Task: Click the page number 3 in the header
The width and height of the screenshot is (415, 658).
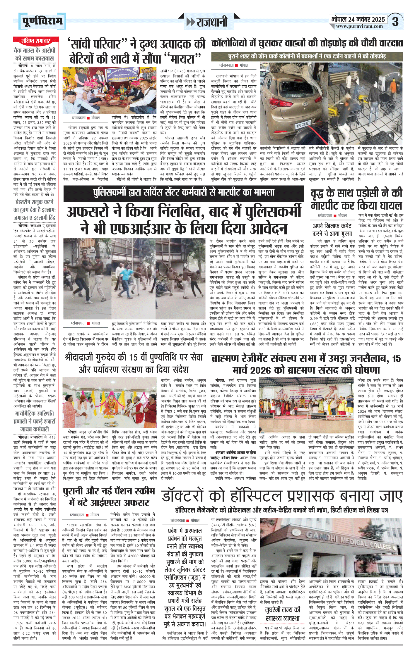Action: (395, 22)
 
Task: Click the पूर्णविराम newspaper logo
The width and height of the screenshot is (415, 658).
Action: (42, 21)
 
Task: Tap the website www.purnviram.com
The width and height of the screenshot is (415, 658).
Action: (359, 26)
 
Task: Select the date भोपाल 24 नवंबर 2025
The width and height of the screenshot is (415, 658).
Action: (358, 19)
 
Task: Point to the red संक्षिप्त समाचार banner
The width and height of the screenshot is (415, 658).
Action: (35, 41)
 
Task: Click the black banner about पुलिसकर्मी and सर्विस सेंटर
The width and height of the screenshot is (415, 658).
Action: (184, 192)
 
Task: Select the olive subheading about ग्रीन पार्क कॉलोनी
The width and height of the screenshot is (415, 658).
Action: (307, 56)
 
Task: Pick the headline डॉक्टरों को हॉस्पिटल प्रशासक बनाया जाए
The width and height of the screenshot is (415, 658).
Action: (282, 496)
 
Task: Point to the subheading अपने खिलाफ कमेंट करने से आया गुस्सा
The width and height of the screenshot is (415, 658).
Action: (332, 229)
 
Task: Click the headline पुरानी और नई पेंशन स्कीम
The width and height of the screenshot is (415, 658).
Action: (109, 496)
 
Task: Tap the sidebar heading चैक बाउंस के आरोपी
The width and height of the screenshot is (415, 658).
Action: (35, 54)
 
